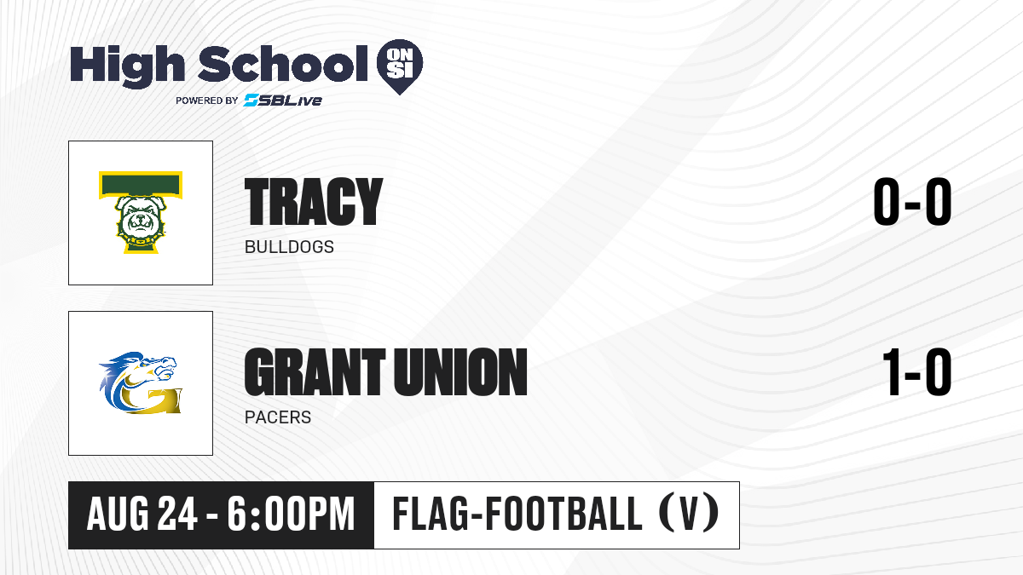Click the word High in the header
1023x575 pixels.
(127, 66)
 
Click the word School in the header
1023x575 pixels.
(283, 64)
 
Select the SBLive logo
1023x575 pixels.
(283, 101)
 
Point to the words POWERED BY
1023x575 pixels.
(207, 101)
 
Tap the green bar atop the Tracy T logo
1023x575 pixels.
(141, 185)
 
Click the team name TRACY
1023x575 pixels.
(314, 202)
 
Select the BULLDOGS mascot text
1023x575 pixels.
(289, 247)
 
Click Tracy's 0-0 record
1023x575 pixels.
(912, 202)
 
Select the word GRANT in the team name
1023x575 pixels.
(315, 372)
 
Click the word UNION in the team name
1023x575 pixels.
(459, 372)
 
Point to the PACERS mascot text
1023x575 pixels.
(278, 417)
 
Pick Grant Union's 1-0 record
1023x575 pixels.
(916, 372)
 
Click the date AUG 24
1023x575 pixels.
(142, 515)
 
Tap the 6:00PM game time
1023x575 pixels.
(292, 515)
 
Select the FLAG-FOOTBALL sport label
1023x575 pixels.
(517, 514)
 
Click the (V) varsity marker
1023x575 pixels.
(690, 514)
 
